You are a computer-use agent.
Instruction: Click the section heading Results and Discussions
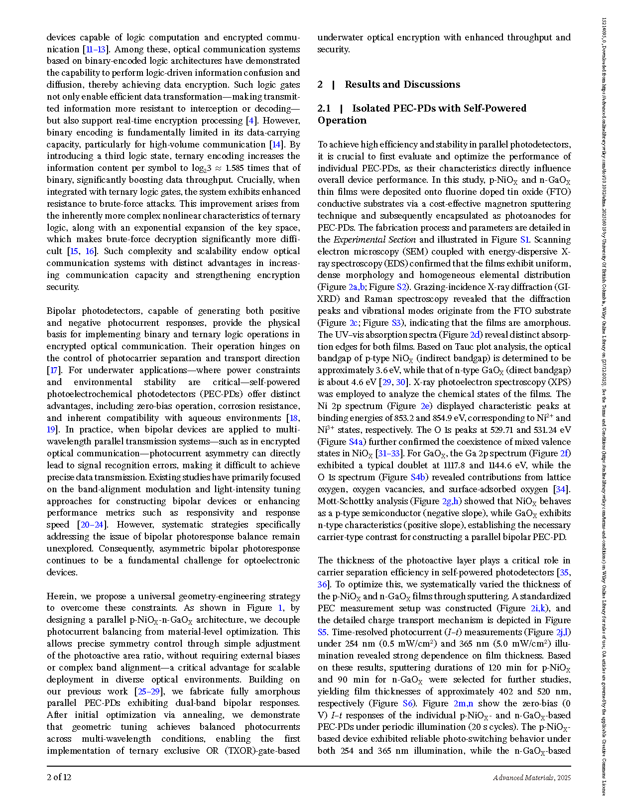pyautogui.click(x=402, y=84)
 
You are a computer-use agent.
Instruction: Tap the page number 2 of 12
pyautogui.click(x=59, y=777)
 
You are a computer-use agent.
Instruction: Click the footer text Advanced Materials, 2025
pyautogui.click(x=532, y=778)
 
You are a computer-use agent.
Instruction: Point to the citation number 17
pyautogui.click(x=53, y=370)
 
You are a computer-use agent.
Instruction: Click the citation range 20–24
pyautogui.click(x=92, y=525)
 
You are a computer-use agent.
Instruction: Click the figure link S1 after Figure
pyautogui.click(x=524, y=240)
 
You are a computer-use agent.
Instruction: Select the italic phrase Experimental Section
pyautogui.click(x=374, y=240)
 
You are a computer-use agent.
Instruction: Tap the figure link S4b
pyautogui.click(x=418, y=477)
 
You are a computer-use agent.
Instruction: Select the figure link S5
pyautogui.click(x=322, y=632)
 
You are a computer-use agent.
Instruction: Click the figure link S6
pyautogui.click(x=408, y=703)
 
